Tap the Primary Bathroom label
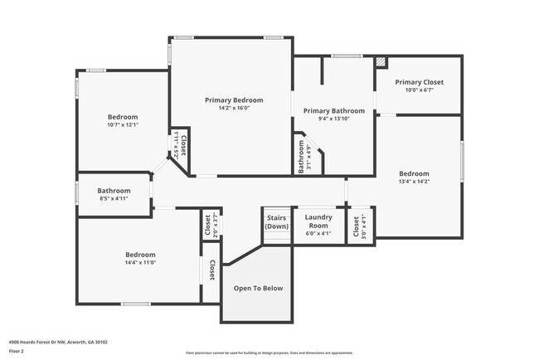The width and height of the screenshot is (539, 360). pyautogui.click(x=333, y=110)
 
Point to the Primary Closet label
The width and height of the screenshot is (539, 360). pyautogui.click(x=419, y=82)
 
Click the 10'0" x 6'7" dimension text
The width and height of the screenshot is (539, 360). pyautogui.click(x=419, y=90)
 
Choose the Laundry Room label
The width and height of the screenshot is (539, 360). pyautogui.click(x=318, y=221)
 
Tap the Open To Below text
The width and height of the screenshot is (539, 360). pyautogui.click(x=258, y=288)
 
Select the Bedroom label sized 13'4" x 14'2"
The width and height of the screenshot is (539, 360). pyautogui.click(x=415, y=173)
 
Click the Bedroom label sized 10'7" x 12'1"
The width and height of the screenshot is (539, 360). pyautogui.click(x=123, y=117)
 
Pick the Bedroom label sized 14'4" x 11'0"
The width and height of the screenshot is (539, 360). pyautogui.click(x=140, y=254)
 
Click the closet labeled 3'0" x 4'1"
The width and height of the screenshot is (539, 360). pyautogui.click(x=355, y=226)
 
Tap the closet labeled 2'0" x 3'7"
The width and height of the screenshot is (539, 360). pyautogui.click(x=207, y=226)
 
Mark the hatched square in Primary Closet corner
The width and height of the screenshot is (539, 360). pyautogui.click(x=381, y=62)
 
